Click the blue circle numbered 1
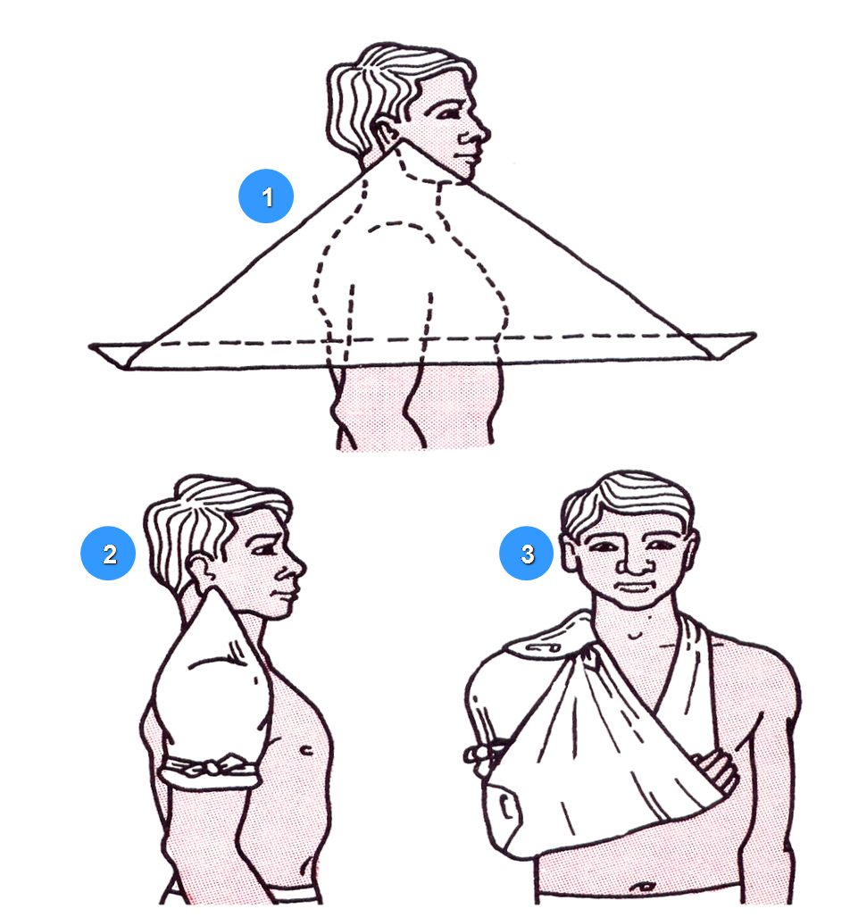point(266,196)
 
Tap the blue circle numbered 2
point(108,554)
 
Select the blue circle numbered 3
point(527,554)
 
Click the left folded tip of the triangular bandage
point(114,354)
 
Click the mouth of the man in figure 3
point(634,587)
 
